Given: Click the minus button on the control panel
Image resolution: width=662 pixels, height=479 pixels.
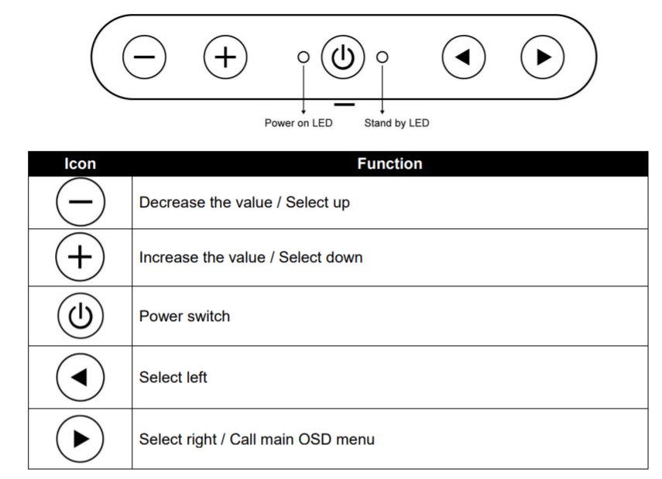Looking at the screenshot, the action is pyautogui.click(x=144, y=57).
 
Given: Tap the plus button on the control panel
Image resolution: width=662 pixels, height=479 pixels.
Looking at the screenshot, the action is pyautogui.click(x=225, y=57).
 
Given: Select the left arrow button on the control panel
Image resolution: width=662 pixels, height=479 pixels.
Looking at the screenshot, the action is pyautogui.click(x=464, y=57).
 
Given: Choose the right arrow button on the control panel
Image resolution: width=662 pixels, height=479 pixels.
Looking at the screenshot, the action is pyautogui.click(x=543, y=57).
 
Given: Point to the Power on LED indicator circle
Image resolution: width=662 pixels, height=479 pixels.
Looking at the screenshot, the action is pyautogui.click(x=304, y=57).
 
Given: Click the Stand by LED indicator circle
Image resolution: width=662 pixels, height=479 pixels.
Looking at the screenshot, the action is pyautogui.click(x=382, y=57).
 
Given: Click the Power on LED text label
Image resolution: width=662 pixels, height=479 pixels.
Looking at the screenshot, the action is pyautogui.click(x=299, y=123).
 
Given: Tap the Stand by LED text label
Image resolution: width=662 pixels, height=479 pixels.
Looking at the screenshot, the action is pyautogui.click(x=397, y=123).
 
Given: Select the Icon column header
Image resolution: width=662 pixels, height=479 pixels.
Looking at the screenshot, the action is pyautogui.click(x=81, y=164).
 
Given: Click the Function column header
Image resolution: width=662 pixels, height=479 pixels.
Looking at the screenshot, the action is pyautogui.click(x=389, y=164).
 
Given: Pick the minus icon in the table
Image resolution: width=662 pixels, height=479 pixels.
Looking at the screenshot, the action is pyautogui.click(x=81, y=202).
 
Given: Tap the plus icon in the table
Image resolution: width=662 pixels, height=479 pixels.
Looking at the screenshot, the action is pyautogui.click(x=80, y=257).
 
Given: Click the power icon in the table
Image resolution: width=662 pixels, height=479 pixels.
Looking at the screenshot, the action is pyautogui.click(x=81, y=316).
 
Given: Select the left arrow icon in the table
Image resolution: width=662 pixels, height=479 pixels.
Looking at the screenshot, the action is pyautogui.click(x=81, y=378).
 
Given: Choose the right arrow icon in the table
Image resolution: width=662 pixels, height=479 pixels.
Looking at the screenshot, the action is pyautogui.click(x=81, y=439).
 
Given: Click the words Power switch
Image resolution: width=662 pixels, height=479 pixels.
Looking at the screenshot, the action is pyautogui.click(x=184, y=316).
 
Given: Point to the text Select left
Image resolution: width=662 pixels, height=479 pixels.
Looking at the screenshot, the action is pyautogui.click(x=173, y=378).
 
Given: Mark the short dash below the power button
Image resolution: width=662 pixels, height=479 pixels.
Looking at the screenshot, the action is pyautogui.click(x=344, y=104).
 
